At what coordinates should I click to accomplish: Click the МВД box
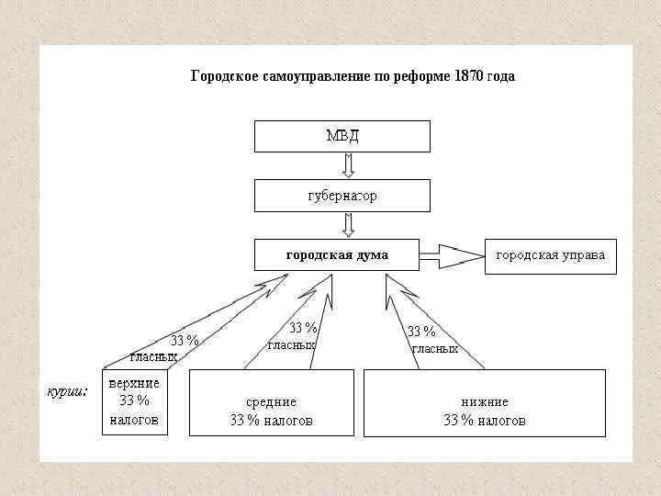(x=342, y=136)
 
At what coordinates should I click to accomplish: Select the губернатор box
(x=342, y=196)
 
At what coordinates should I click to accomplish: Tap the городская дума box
(x=336, y=255)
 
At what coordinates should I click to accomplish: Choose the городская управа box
(x=550, y=255)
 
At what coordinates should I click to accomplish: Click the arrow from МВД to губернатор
(x=348, y=165)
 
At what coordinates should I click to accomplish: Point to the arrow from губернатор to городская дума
(x=348, y=225)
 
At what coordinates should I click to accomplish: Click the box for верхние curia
(x=135, y=401)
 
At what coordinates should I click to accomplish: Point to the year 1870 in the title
(x=467, y=76)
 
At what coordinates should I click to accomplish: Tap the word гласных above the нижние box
(x=435, y=348)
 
